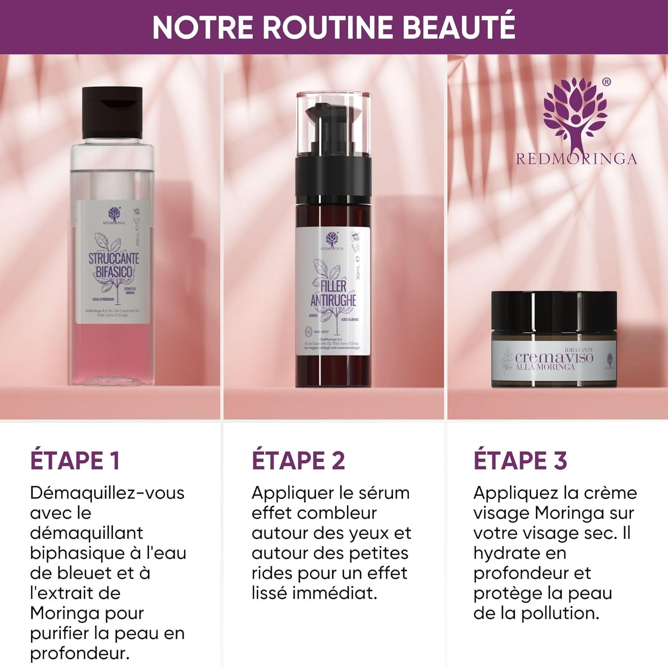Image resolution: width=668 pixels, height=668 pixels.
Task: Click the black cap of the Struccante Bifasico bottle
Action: tap(112, 112)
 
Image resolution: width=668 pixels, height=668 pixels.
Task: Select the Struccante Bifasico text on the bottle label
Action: tap(114, 265)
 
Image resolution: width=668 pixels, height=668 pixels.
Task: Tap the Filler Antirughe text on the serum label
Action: tap(333, 293)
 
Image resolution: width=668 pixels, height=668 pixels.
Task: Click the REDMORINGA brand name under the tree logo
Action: tap(576, 159)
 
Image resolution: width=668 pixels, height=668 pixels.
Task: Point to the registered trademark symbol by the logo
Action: tap(606, 82)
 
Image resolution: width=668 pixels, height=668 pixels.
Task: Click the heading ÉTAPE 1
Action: tap(75, 460)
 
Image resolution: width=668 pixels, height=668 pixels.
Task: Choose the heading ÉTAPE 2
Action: tap(298, 460)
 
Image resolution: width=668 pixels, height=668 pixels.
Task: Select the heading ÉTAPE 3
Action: tap(520, 460)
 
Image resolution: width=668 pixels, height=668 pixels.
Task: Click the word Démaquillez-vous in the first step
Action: tap(107, 493)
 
